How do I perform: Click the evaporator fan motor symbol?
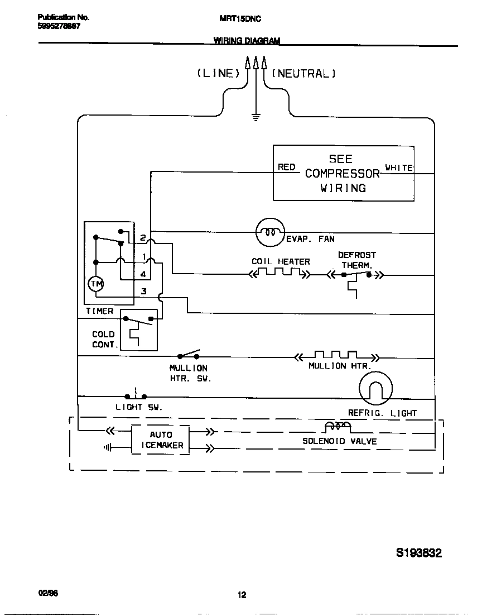coord(270,232)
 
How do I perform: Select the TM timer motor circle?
coord(97,284)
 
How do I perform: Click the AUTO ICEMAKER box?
coord(161,440)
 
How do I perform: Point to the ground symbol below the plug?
coord(256,117)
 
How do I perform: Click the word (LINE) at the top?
coord(218,73)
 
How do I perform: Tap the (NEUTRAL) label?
coord(303,73)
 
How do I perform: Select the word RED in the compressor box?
coord(286,167)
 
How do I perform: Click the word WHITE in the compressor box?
coord(399,168)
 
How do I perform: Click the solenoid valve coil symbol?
coord(338,427)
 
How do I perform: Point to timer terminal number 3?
coord(143,291)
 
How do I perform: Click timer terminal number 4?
coord(143,274)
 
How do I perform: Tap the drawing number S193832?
coord(418,553)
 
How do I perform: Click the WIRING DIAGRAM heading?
coord(247,40)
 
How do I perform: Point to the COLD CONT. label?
coord(105,340)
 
